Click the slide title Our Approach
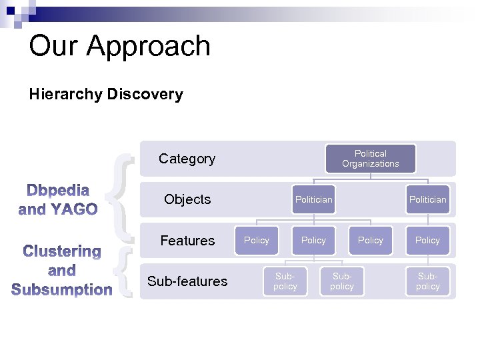120,47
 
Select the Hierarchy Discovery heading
105,94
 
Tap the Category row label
187,159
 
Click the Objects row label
187,199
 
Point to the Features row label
187,241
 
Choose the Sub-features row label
187,281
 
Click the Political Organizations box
371,159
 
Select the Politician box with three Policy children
313,199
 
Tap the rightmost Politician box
427,199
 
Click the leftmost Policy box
257,240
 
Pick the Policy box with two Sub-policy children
313,240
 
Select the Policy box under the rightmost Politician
427,240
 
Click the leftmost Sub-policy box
285,281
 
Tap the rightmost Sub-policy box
427,281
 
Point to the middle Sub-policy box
342,281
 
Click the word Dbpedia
58,191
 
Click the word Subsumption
61,290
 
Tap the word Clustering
61,252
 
